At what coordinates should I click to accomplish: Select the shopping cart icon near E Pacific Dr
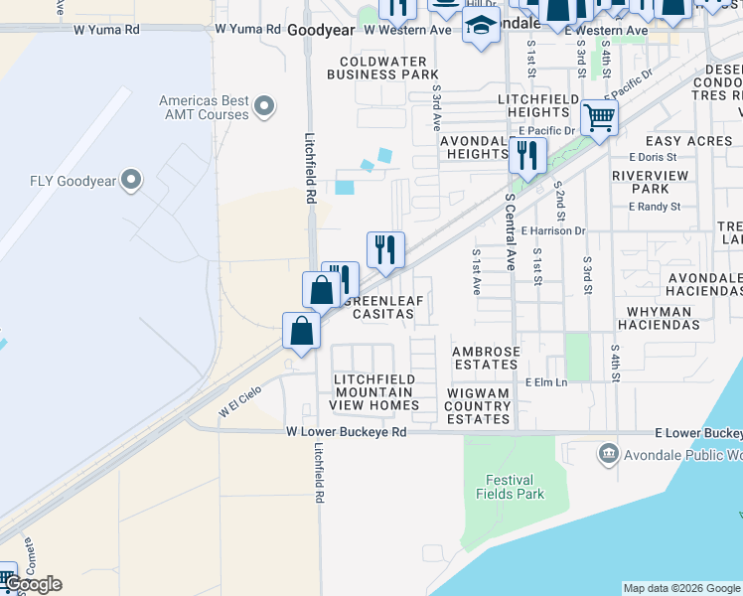pos(599,117)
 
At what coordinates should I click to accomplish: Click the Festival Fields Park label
pos(510,486)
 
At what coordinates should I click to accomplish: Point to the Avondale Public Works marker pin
pos(606,455)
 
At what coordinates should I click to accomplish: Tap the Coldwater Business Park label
pos(382,68)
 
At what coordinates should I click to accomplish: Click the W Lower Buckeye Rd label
pos(347,432)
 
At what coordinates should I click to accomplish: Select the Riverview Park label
pos(641,181)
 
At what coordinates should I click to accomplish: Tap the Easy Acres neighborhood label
pos(688,141)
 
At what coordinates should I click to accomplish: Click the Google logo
pos(33,584)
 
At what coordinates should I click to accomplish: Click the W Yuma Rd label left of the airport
pos(106,30)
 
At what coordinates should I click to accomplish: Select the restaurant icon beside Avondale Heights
pos(526,155)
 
